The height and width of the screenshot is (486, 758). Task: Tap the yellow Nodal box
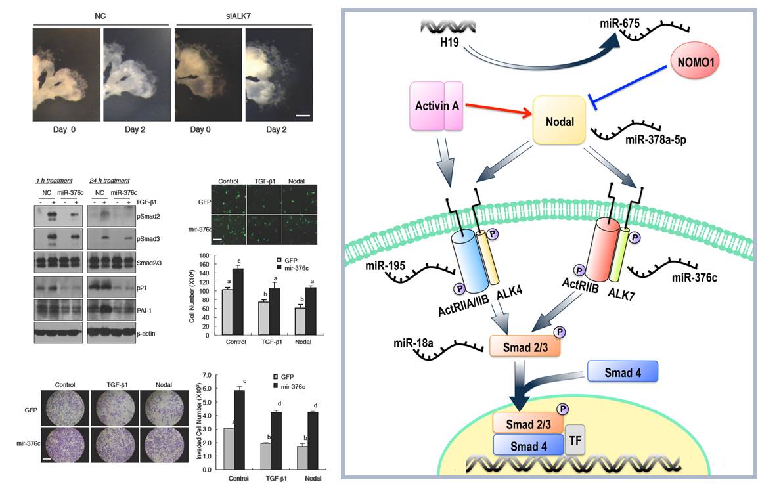point(558,121)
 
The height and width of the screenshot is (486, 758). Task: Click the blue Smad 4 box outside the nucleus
point(622,372)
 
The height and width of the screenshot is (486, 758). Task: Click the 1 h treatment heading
point(55,180)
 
